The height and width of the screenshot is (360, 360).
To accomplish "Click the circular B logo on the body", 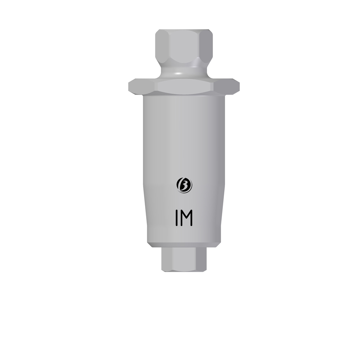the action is [184, 185].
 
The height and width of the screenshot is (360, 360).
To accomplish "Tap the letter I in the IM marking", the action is [177, 218].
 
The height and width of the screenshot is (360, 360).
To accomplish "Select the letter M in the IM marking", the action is [186, 218].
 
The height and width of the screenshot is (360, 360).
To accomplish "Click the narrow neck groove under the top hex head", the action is [184, 72].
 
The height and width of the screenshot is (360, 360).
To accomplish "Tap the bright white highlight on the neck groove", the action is [181, 73].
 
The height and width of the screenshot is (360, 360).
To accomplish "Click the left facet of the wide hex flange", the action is [143, 87].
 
